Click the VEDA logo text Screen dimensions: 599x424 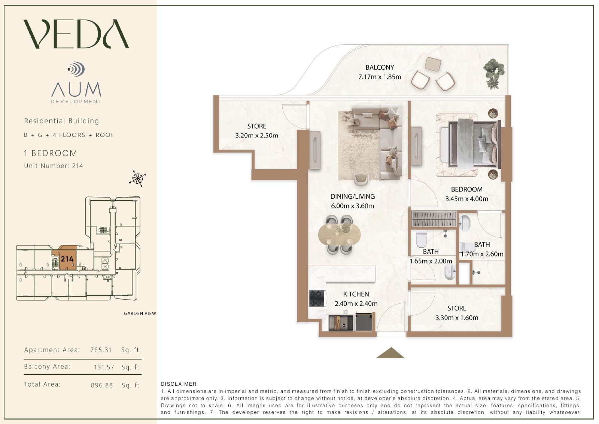76,34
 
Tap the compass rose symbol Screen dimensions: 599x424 137,178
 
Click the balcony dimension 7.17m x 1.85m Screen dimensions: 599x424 380,77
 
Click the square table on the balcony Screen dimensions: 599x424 433,64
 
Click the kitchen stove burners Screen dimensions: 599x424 317,298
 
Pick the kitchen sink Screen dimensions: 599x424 341,323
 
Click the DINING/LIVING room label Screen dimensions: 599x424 352,196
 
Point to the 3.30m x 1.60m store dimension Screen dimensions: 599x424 457,318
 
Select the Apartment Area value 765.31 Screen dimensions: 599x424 101,350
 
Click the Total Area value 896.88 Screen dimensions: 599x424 101,385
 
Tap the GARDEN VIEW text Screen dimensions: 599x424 140,313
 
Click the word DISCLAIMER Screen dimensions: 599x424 179,384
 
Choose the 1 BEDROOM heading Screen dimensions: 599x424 51,153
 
